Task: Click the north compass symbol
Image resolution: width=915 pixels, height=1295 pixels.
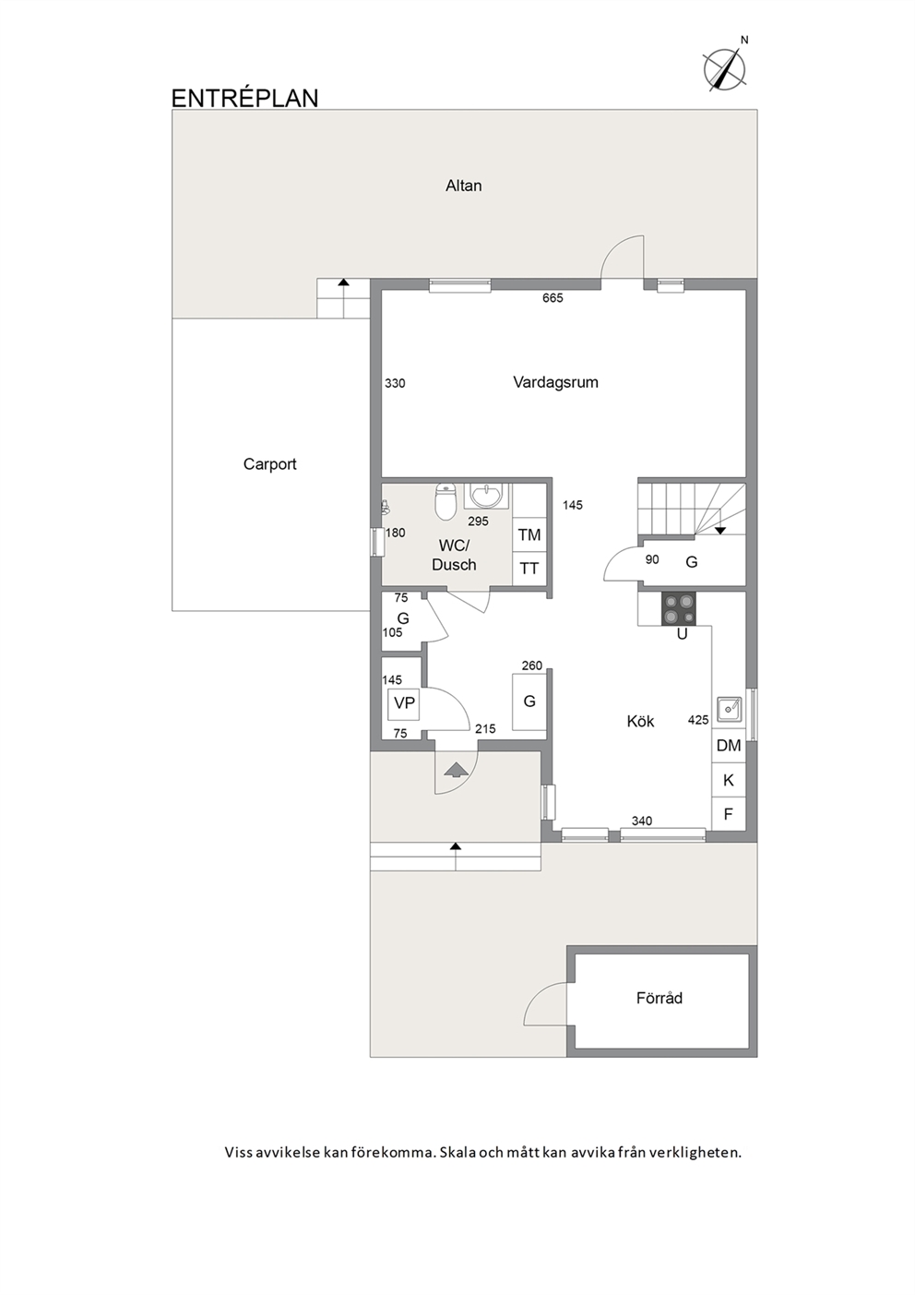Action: (x=724, y=69)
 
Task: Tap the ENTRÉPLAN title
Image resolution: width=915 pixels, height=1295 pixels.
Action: (x=245, y=98)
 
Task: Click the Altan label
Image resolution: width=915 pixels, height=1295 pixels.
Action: (x=463, y=186)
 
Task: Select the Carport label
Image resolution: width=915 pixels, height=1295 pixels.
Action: (x=269, y=464)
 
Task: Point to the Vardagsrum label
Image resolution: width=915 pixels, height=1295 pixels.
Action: (x=555, y=383)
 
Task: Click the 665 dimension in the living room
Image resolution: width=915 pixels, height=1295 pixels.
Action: (x=553, y=298)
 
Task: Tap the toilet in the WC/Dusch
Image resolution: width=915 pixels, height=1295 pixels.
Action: (x=446, y=501)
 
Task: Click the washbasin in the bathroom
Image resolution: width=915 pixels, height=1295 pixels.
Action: (x=486, y=496)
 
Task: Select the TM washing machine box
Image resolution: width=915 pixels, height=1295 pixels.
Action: (x=529, y=535)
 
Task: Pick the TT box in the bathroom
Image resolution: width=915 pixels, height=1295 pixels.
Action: (x=529, y=569)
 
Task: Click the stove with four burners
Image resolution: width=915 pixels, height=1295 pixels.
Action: (x=679, y=608)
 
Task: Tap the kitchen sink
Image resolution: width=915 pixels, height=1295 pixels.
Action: (x=729, y=710)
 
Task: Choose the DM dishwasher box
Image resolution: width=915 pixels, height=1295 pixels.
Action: (x=729, y=746)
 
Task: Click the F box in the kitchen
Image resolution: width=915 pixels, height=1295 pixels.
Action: (x=729, y=815)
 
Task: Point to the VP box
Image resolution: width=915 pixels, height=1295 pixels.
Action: (x=404, y=703)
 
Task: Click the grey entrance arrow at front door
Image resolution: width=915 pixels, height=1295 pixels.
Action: (x=457, y=770)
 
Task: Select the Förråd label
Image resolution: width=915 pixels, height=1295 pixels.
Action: (x=660, y=999)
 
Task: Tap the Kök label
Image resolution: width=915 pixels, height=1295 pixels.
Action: (x=641, y=722)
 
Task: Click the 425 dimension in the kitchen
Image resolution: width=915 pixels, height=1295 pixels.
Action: (x=698, y=720)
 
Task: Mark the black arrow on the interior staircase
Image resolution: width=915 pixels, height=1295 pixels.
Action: (x=719, y=530)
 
